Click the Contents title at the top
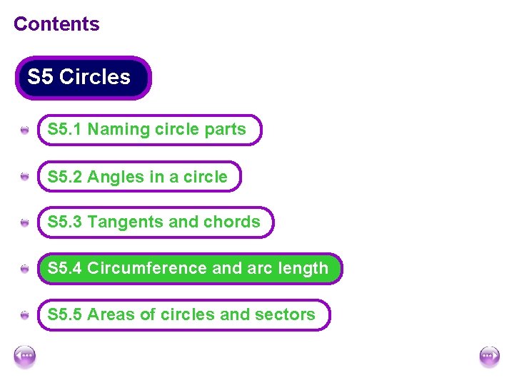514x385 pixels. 56,24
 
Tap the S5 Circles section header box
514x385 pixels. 83,77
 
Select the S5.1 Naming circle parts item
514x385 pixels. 149,130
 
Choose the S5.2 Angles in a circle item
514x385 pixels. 139,177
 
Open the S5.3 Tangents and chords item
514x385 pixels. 155,222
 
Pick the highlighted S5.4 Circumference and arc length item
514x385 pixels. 189,269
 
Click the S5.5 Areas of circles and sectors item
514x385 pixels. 183,314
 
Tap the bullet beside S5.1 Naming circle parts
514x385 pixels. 25,130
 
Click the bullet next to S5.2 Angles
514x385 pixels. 25,177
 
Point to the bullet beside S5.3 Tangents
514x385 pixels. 25,223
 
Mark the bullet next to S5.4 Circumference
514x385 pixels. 25,269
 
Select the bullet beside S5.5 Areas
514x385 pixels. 25,315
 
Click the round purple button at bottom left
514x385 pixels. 25,356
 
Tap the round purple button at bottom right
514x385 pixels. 489,356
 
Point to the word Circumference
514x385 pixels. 148,269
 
